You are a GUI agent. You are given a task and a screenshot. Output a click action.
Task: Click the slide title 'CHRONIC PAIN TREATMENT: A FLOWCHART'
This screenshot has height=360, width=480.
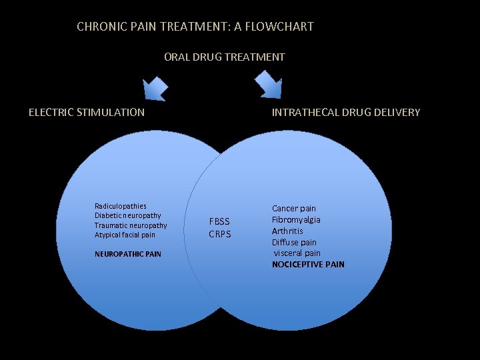point(195,27)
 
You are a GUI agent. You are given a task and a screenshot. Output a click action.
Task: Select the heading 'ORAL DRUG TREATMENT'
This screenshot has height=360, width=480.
point(225,57)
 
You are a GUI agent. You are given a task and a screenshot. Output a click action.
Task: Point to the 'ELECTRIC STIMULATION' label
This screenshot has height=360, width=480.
point(87,112)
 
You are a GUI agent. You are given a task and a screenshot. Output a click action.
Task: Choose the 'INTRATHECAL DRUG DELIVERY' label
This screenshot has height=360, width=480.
point(346,112)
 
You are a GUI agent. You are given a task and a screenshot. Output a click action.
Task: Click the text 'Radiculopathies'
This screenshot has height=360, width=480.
point(121,206)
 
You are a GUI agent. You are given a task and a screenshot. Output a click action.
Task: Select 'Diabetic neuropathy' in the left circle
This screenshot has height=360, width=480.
point(128,215)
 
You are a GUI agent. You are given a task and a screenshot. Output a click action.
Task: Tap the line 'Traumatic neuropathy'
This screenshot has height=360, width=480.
point(131,225)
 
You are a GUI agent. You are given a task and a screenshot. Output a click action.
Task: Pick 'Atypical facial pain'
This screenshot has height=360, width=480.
point(125,235)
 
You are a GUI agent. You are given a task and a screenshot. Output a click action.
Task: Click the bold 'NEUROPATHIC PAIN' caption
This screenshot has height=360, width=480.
point(128,254)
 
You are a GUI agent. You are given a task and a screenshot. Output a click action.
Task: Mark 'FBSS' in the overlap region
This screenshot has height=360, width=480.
point(219,221)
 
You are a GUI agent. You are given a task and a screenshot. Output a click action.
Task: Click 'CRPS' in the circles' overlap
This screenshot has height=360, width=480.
point(219,234)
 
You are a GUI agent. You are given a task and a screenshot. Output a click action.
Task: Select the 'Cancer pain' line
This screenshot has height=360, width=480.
point(294,209)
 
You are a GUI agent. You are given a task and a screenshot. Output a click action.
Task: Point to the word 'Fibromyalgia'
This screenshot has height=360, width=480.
point(296,219)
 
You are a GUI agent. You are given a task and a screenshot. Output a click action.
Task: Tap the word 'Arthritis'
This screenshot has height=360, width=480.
point(287,231)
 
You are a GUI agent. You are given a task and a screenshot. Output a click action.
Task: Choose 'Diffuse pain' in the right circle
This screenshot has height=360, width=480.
point(294,242)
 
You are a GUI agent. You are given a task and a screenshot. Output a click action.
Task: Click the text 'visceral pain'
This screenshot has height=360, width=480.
point(297,253)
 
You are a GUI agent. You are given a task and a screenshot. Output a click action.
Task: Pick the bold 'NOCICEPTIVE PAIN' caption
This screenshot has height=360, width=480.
point(308,265)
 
